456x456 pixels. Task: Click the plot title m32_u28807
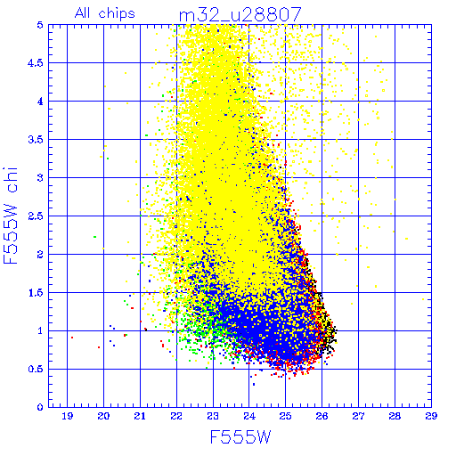coord(240,15)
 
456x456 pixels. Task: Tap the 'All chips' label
coord(105,13)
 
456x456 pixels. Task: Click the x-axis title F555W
coord(240,437)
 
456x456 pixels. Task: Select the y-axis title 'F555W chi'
coord(11,216)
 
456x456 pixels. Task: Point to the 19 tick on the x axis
coord(68,416)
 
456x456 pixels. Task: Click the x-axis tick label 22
coord(176,416)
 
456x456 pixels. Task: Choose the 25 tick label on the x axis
coord(286,416)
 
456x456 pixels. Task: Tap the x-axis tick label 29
coord(431,416)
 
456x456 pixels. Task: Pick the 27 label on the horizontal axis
coord(358,416)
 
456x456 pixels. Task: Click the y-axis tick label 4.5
coord(36,63)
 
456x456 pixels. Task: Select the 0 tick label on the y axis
coord(40,407)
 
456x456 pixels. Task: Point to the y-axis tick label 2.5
coord(36,216)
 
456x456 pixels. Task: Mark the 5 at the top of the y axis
coord(40,25)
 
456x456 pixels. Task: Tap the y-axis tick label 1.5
coord(36,293)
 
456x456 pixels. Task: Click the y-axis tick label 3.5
coord(36,140)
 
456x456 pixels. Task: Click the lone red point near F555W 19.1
coord(72,338)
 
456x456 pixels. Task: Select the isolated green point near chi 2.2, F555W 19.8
coord(94,237)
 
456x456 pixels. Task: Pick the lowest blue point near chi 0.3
coord(254,385)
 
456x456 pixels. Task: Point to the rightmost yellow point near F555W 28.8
coord(423,299)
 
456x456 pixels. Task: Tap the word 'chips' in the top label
coord(117,14)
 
